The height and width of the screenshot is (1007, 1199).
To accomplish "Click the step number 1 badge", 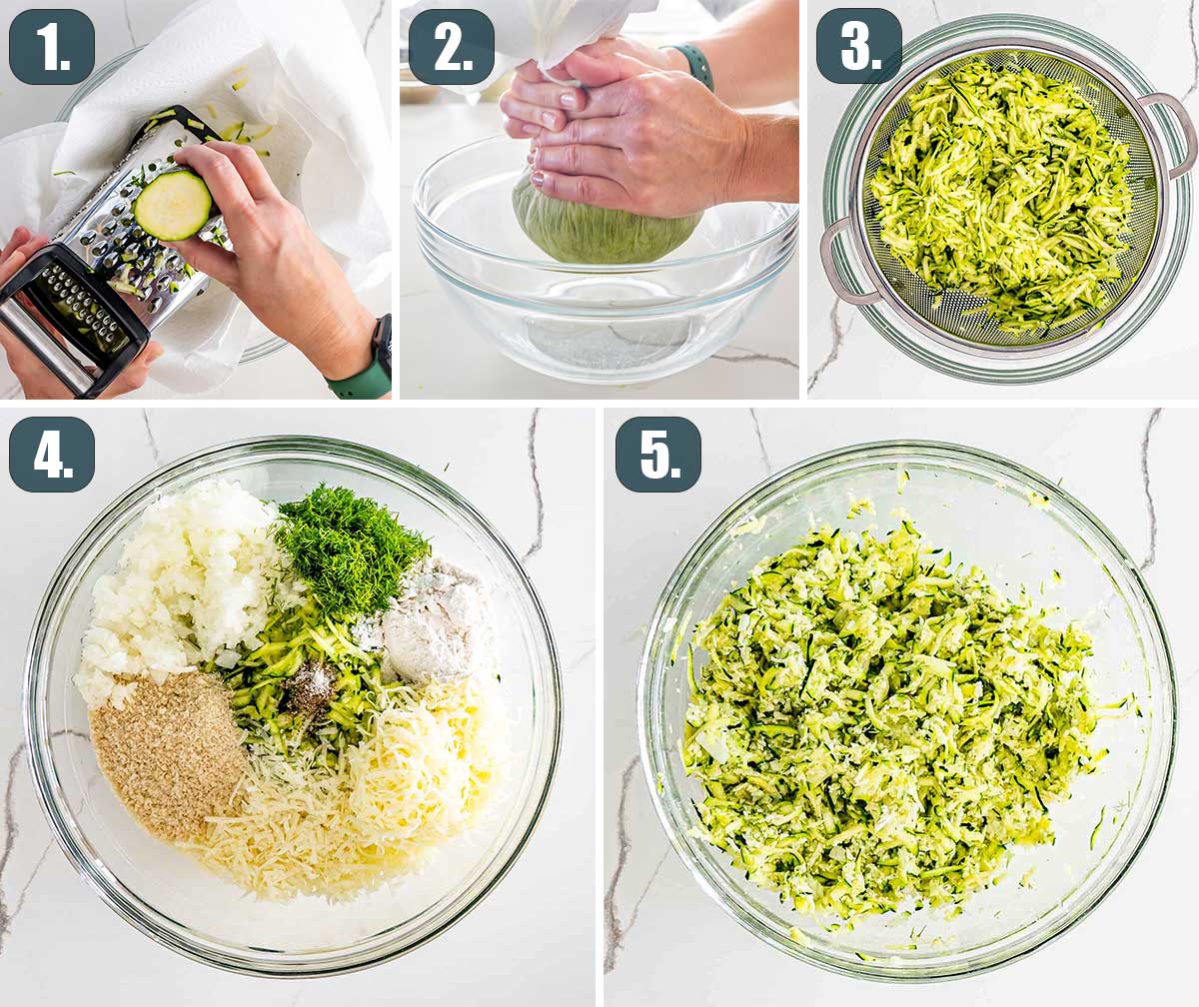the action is point(52,47).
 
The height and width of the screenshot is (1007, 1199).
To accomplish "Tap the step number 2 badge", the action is point(452,47).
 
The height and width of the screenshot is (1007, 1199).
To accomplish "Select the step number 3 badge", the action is point(859,47).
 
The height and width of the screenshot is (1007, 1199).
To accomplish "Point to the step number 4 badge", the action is point(52,455).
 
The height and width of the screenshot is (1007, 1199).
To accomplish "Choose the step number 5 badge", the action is point(658,455).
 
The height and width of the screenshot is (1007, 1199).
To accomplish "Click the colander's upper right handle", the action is point(1163,132).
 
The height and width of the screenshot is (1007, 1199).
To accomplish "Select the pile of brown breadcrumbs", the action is point(167,752).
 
